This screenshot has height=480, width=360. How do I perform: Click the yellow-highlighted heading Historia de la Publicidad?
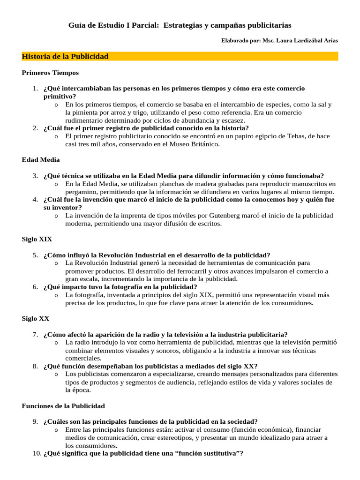coord(65,56)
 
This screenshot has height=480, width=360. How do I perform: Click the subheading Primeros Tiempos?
coord(50,73)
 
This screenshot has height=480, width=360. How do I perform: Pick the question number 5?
coord(35,255)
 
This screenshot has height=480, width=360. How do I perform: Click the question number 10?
coord(37,453)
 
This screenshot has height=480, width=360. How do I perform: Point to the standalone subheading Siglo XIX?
coord(37,239)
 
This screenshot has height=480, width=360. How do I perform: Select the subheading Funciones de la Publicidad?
coord(63,405)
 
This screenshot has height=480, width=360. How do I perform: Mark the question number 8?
coord(35,366)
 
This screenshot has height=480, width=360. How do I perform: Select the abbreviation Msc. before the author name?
coord(269,41)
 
